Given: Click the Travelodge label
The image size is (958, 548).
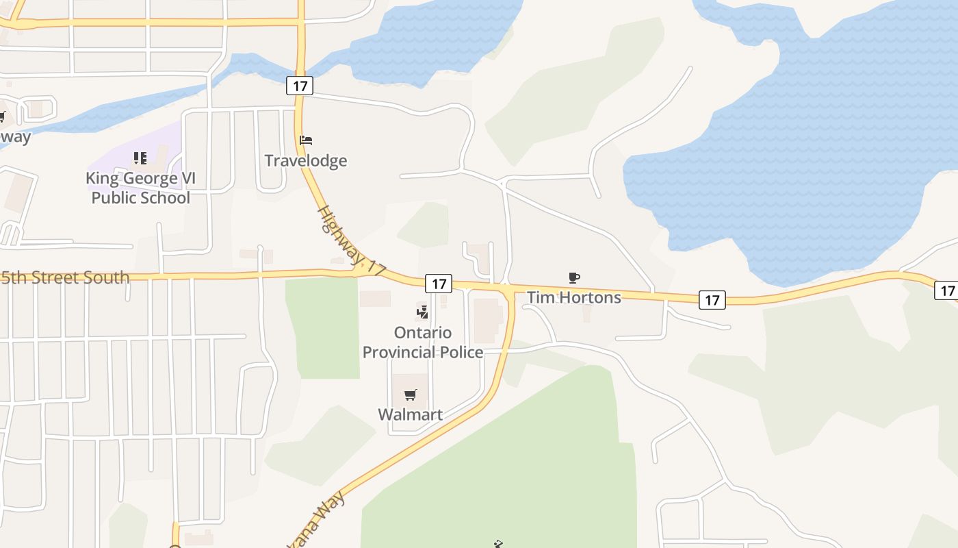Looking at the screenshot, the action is pos(306,161).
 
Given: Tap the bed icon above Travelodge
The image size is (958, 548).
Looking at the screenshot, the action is pos(306,140).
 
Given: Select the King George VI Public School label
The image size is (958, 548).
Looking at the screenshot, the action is pos(140,188).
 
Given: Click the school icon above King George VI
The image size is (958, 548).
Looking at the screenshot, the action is pos(140,158).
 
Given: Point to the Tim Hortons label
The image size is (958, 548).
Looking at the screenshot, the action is pos(573,297).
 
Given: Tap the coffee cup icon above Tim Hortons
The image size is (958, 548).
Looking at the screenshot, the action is pos(574,277).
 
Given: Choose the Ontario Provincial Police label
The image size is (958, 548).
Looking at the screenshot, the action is pos(423,342).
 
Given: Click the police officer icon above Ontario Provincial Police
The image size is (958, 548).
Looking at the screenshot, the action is pos(422,312).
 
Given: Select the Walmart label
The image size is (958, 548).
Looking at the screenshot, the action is pos(411,414).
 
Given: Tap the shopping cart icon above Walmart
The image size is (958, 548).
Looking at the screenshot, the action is pos(411,395).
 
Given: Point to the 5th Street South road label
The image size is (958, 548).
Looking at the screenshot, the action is pos(65,277).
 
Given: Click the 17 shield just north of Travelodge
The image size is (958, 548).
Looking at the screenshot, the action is pos(300,86).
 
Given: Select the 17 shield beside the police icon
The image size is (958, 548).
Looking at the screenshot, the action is pos(439,284).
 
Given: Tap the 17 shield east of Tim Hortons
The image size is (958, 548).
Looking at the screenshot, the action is pos(712,299).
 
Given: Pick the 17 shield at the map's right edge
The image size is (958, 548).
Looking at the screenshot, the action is pos(946,290).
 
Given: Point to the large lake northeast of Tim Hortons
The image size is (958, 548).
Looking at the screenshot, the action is pos(807,151).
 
